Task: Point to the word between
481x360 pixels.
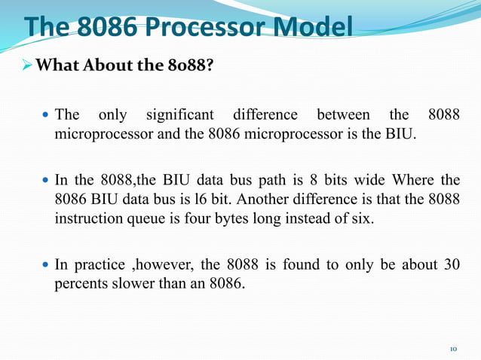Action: point(342,115)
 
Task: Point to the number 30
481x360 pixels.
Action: point(449,265)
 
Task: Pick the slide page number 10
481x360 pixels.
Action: point(453,349)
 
